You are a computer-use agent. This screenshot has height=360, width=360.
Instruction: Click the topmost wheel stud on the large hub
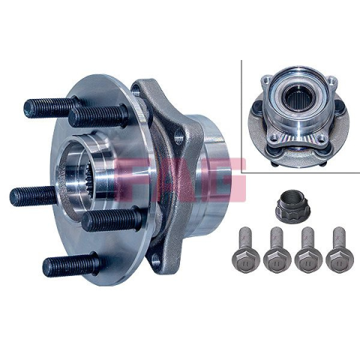pos(51,108)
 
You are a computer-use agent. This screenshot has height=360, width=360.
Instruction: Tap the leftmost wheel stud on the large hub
pos(32,196)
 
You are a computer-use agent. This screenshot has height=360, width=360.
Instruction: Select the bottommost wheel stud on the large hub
pos(73,264)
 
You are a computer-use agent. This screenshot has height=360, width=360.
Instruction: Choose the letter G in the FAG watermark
pos(223,179)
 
